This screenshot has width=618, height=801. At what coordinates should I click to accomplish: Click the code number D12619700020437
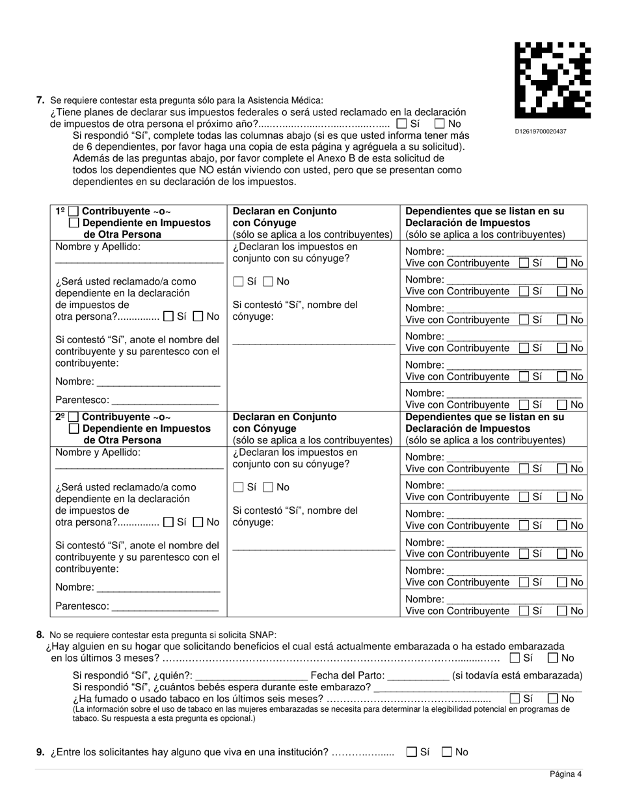tap(541, 132)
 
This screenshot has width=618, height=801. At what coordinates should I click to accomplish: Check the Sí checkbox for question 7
tap(402, 124)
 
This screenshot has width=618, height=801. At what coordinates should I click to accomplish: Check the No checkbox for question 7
tap(440, 124)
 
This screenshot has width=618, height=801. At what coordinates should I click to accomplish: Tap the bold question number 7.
tap(40, 100)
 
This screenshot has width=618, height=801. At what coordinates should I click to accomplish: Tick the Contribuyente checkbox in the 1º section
tap(74, 212)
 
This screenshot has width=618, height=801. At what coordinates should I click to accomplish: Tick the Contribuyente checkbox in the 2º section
tap(74, 417)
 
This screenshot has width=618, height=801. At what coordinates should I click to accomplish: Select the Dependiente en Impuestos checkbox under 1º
tap(74, 223)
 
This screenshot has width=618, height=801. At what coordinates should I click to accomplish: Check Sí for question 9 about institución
tap(411, 752)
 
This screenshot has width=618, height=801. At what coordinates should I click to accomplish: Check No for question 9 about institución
tap(447, 752)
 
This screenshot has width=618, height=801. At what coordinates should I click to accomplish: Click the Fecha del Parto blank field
tap(418, 675)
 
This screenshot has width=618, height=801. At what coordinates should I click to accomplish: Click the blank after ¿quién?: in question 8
tap(251, 675)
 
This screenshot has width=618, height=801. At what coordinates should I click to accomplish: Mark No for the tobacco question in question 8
tap(553, 699)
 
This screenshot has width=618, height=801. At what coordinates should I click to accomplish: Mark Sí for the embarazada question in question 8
tap(515, 658)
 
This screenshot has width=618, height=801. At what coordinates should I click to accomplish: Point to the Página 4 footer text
tap(565, 774)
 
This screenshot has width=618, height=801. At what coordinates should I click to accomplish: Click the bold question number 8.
tap(40, 634)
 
